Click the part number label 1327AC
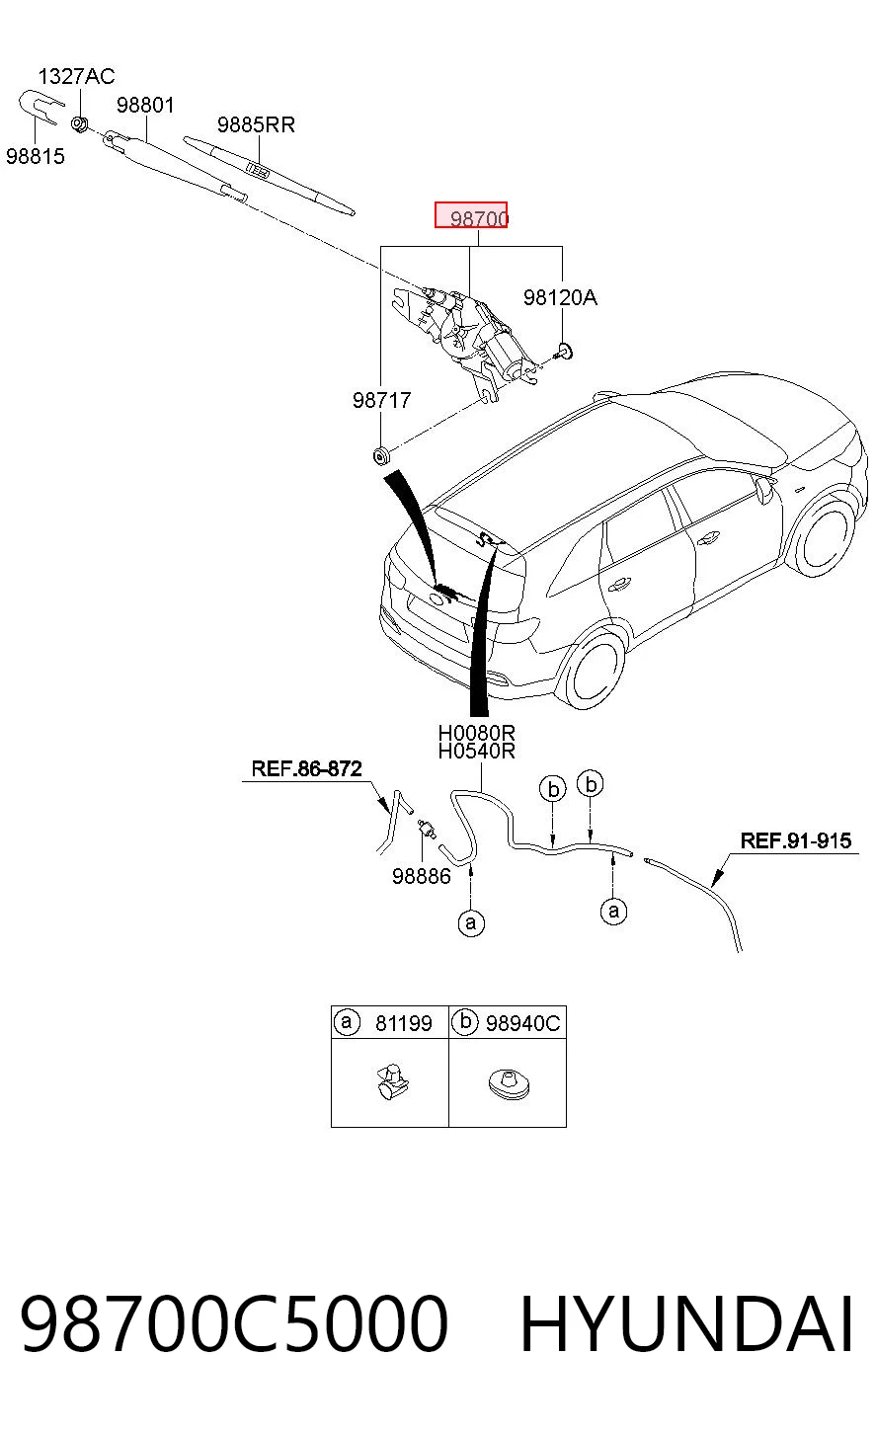click(x=76, y=76)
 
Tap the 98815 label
click(x=36, y=156)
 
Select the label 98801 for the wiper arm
click(x=145, y=105)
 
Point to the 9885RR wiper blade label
click(x=256, y=124)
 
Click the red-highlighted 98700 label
click(x=471, y=214)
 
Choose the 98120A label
click(x=561, y=297)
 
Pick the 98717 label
click(x=382, y=400)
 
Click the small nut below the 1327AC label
click(x=79, y=123)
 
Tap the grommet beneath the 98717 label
click(x=382, y=456)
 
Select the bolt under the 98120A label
click(x=564, y=352)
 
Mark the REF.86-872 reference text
click(x=306, y=768)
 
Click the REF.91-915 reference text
click(x=796, y=840)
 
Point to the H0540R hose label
click(x=477, y=751)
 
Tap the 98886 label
click(x=422, y=876)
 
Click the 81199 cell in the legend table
click(x=404, y=1023)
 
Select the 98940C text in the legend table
click(x=522, y=1023)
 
